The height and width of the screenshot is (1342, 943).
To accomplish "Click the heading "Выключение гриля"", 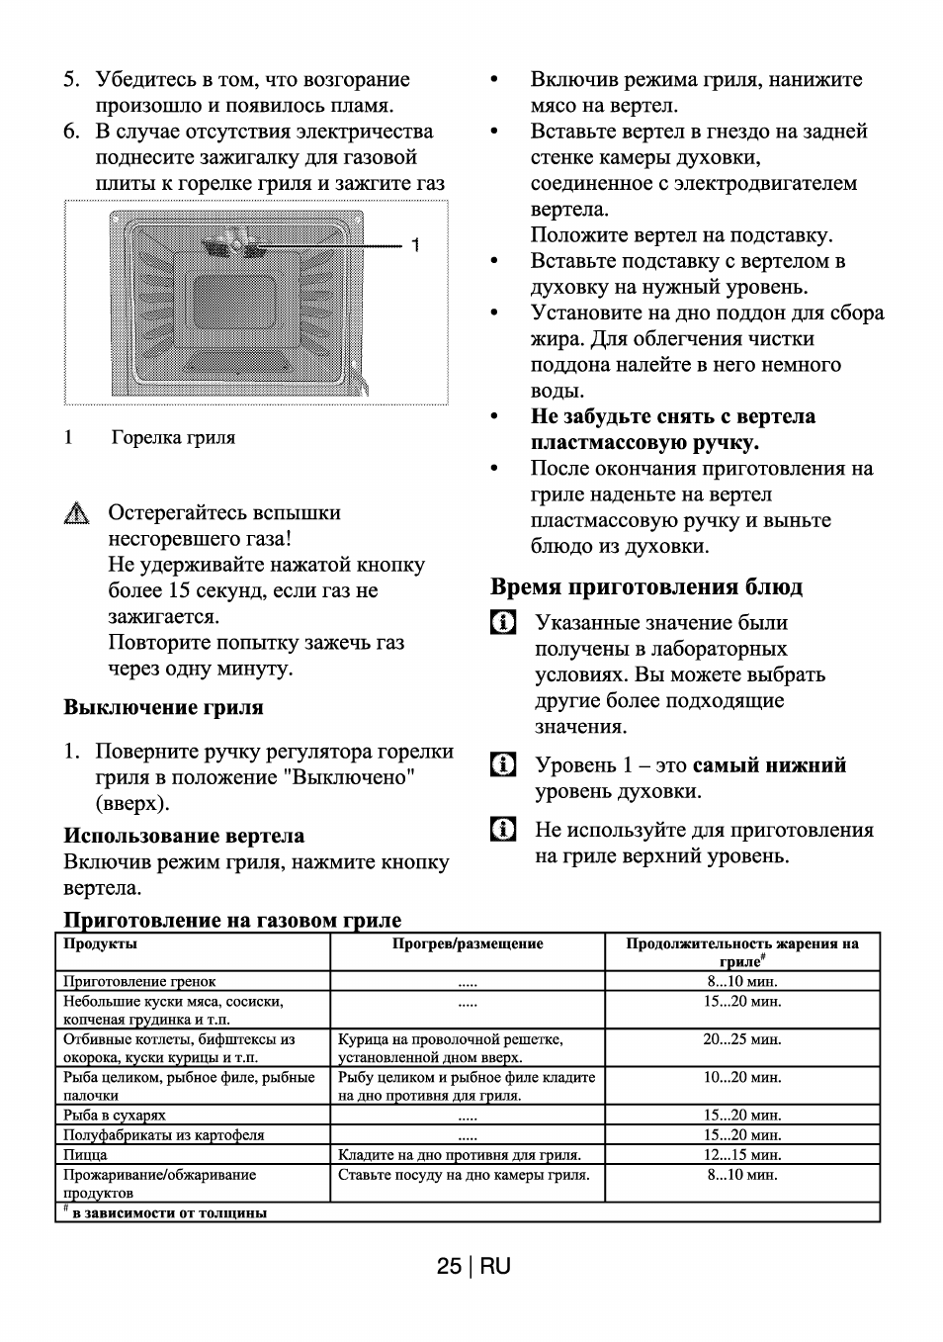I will click(163, 707).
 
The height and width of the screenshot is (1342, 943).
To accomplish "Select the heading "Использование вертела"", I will click(184, 836).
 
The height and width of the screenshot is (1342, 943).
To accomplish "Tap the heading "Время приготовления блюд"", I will click(646, 586).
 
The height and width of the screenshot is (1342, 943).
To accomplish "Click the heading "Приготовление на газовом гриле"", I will click(232, 921).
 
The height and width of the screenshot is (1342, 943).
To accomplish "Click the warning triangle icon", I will click(74, 514).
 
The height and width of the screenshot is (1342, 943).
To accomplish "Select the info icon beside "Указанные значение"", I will click(502, 623).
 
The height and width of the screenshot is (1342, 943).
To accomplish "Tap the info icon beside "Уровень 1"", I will click(502, 765).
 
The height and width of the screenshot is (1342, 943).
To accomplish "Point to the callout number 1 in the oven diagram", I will click(416, 244).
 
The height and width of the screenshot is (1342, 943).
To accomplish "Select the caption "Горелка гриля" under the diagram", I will click(173, 437).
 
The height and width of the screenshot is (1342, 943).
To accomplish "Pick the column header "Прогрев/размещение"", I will click(468, 943).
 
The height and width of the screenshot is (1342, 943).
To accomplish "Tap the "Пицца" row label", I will click(85, 1154).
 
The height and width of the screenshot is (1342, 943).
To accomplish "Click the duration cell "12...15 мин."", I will click(741, 1154).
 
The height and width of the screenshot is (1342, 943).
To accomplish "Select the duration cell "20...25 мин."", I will click(741, 1039).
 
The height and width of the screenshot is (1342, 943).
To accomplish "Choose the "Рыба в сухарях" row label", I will click(114, 1116).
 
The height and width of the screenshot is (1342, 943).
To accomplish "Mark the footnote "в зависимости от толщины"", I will click(168, 1212).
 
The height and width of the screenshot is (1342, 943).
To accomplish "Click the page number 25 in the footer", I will click(449, 1266).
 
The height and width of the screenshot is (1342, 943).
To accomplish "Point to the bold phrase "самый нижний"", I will click(769, 765).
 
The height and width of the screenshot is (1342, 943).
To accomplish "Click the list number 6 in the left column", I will click(71, 132).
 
